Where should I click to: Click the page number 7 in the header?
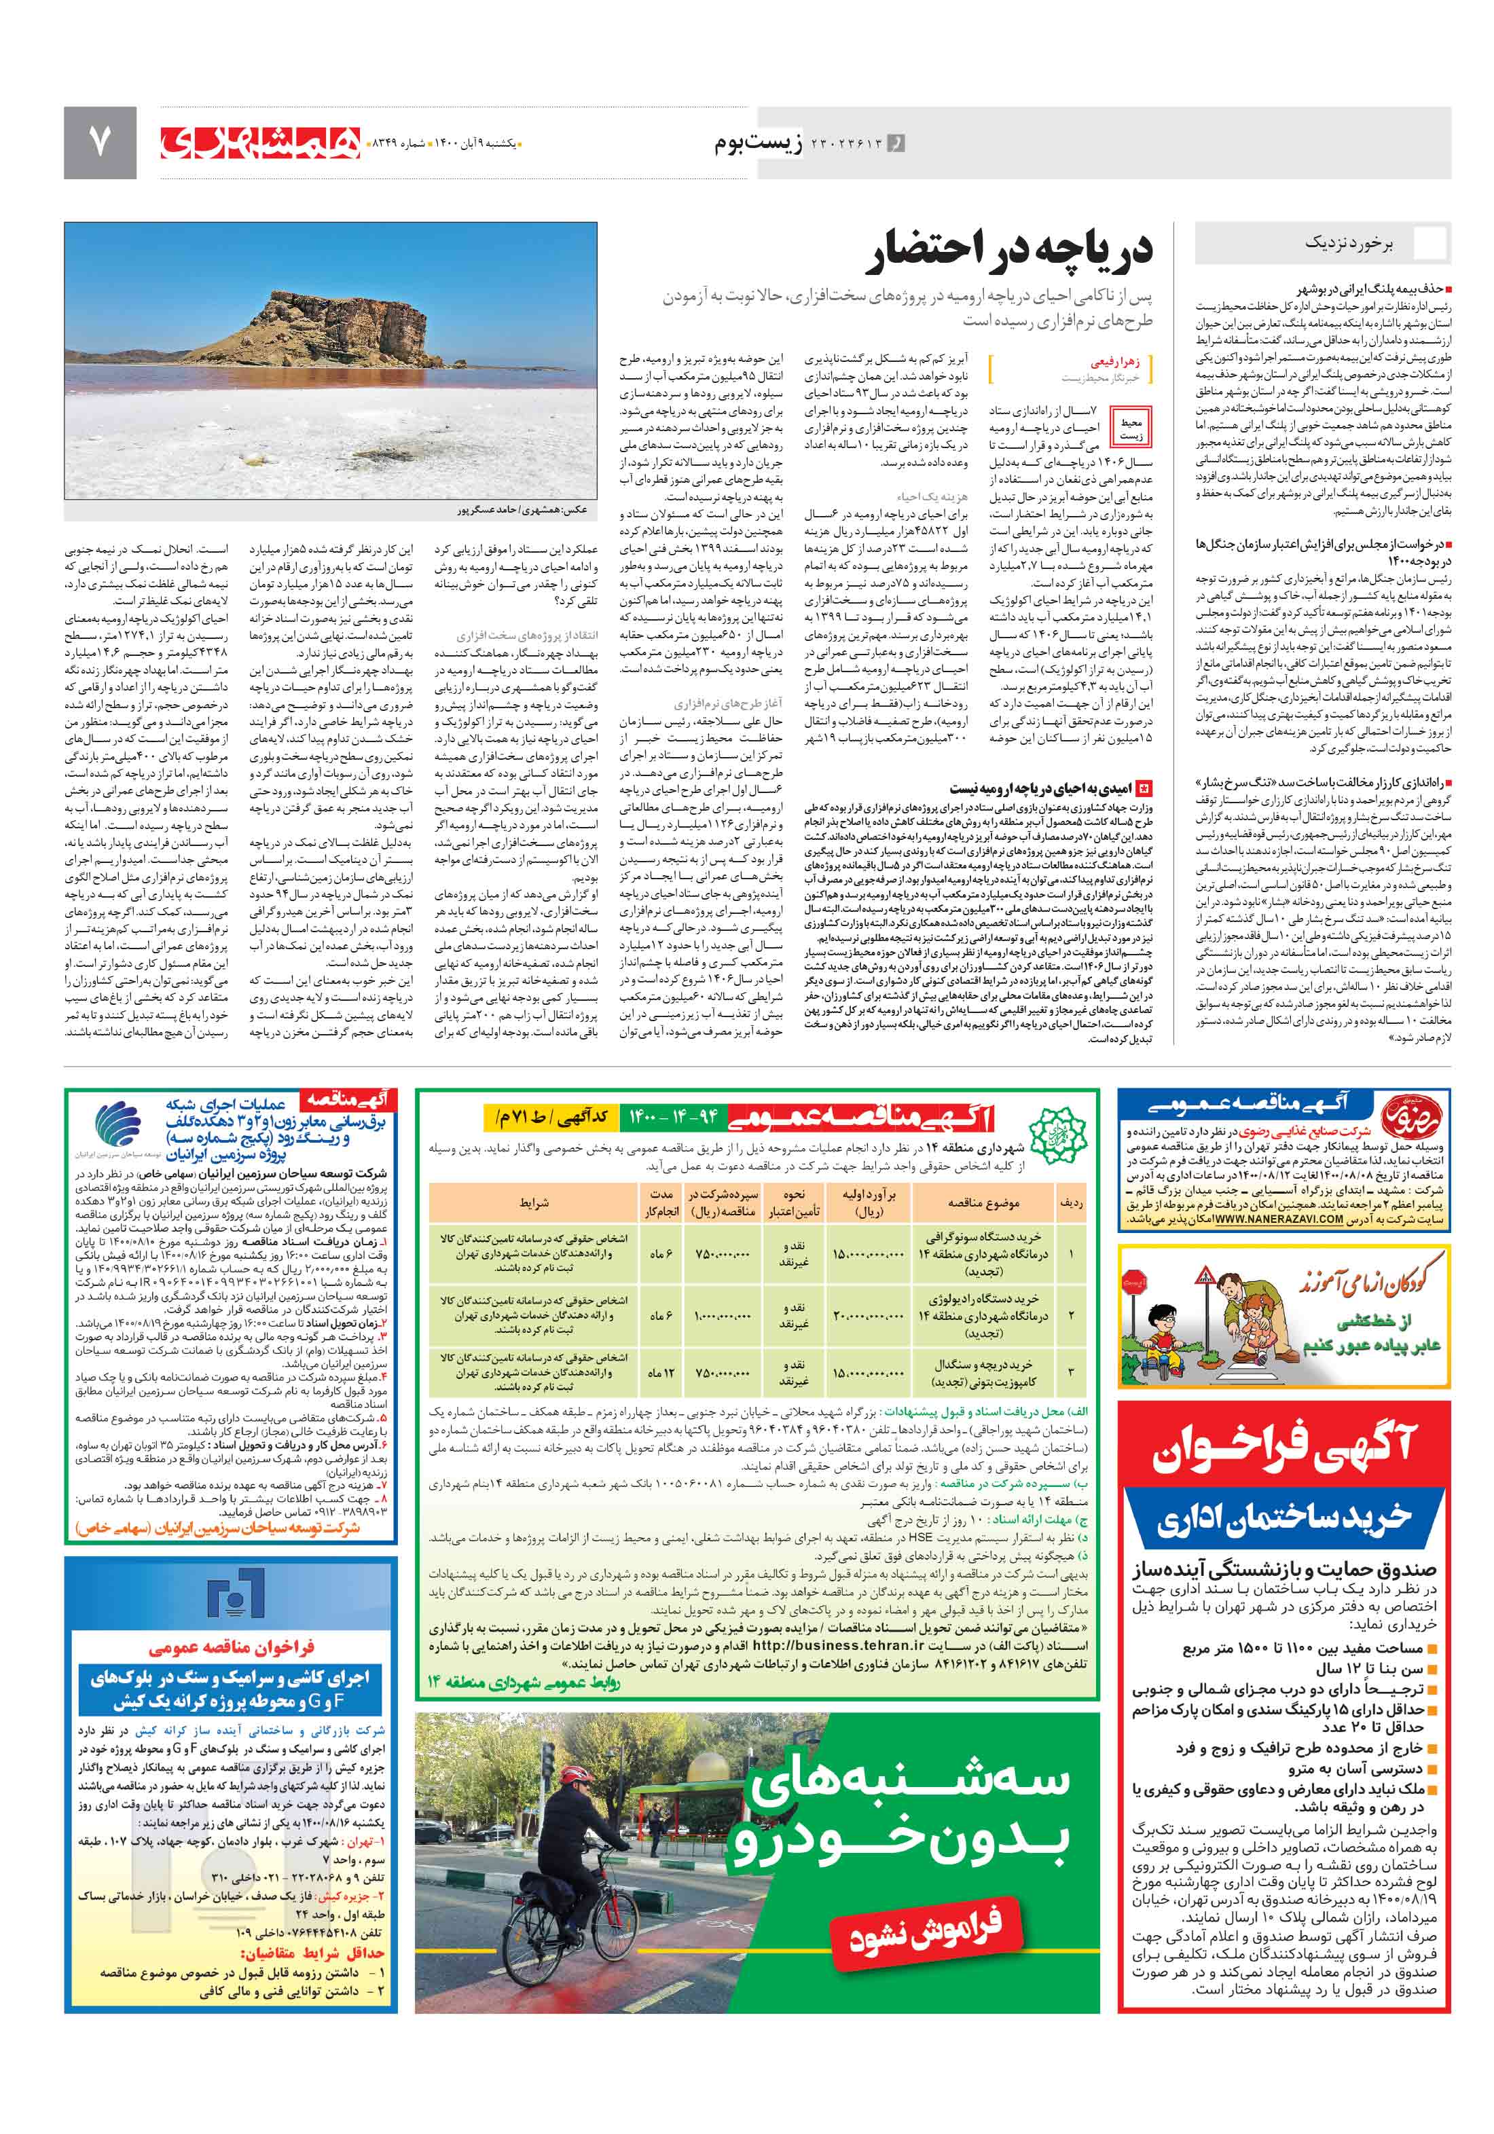(x=99, y=141)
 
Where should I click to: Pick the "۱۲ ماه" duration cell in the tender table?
(x=660, y=1372)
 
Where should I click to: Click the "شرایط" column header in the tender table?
(x=534, y=1202)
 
